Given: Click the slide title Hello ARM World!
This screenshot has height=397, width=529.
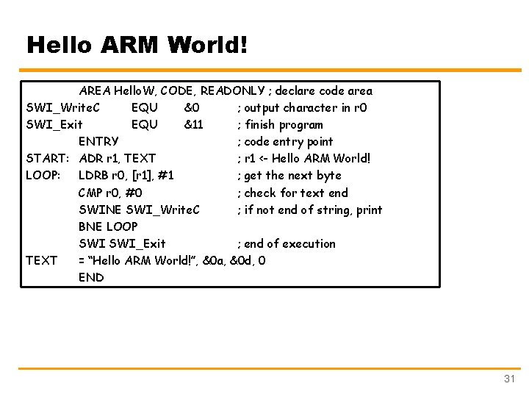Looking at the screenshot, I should click(x=137, y=46).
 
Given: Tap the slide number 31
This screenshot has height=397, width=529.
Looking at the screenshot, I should click(x=509, y=379).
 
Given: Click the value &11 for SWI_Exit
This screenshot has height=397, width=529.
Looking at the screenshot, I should click(x=193, y=125).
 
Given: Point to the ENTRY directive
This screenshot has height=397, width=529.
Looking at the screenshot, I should click(x=98, y=142).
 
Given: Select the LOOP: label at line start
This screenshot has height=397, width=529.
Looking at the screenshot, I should click(x=44, y=176).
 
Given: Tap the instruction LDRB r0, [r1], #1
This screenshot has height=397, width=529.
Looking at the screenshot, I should click(x=126, y=176).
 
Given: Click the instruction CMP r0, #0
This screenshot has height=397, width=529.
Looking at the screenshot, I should click(x=110, y=193).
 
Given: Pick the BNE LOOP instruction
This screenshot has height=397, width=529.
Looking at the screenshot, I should click(x=108, y=226).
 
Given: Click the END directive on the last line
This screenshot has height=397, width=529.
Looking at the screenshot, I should click(x=91, y=277).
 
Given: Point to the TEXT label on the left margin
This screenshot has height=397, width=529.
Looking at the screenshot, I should click(x=41, y=260).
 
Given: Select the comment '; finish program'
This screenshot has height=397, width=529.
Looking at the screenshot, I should click(x=280, y=125).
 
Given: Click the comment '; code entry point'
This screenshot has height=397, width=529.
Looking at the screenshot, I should click(x=285, y=142).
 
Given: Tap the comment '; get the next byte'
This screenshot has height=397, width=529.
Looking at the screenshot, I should click(x=289, y=176).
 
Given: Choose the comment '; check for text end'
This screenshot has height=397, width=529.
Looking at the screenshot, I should click(x=292, y=193).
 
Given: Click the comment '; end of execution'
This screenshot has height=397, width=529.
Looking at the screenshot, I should click(x=286, y=243).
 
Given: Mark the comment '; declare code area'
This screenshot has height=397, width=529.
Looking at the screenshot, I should click(x=320, y=91).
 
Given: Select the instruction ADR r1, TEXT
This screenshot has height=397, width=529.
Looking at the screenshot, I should click(x=117, y=159).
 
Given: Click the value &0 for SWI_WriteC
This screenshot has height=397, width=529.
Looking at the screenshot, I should click(x=191, y=108).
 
